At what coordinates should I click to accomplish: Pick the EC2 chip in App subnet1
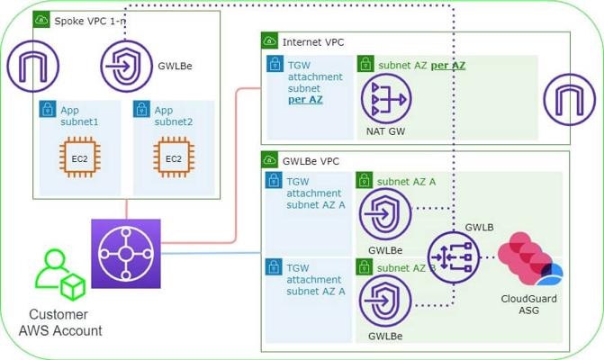pos(79,159)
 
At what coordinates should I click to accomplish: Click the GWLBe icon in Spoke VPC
pos(126,65)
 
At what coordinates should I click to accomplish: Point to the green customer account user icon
pos(57,274)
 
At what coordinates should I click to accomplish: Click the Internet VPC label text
pos(313,41)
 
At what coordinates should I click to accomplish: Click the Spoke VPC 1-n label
pos(88,20)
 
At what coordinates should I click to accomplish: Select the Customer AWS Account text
pos(60,323)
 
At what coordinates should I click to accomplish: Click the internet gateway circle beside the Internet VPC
pos(570,97)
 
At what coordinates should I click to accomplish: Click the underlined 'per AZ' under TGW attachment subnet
pos(305,101)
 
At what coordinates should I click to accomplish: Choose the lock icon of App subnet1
pos(48,110)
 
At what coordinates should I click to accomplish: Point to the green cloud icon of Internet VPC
pos(269,41)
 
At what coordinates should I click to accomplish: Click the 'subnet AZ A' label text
pos(407,181)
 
